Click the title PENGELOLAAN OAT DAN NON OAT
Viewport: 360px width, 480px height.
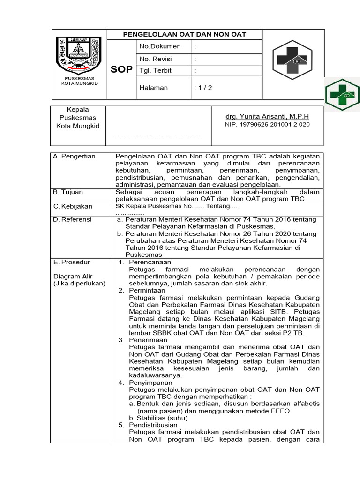click(x=184, y=34)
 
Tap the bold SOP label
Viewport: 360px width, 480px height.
click(x=121, y=70)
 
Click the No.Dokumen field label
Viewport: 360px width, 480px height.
click(x=160, y=46)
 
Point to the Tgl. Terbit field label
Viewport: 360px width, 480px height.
click(x=156, y=71)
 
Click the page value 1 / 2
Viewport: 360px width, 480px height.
click(x=203, y=88)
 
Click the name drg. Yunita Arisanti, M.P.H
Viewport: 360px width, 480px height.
click(x=267, y=116)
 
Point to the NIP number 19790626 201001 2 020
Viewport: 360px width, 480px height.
click(x=267, y=125)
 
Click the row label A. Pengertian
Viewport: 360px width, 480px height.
click(x=75, y=157)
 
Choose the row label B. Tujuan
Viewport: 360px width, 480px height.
click(x=70, y=192)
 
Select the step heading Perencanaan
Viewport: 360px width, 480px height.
click(x=150, y=262)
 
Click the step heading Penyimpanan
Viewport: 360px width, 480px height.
click(x=150, y=382)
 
